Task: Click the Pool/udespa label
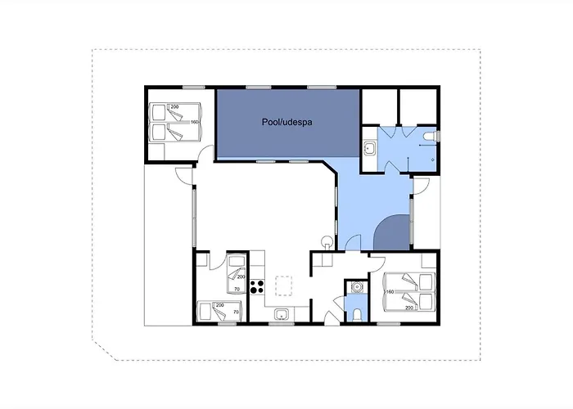pos(286,122)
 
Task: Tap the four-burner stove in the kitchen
pos(257,286)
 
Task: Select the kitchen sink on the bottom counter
pos(282,314)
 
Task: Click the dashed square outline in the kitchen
pos(283,286)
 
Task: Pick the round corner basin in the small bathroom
pos(356,287)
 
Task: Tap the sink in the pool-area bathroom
pos(370,149)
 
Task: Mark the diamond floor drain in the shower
pos(433,160)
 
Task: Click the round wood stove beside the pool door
pos(327,242)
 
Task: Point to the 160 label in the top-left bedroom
pos(194,122)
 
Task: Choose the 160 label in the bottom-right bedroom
pos(390,292)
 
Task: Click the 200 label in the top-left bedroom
pos(174,106)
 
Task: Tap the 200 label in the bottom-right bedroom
pos(409,308)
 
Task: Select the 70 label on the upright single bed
pos(237,290)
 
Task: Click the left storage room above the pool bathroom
pos(379,106)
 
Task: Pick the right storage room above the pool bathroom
pos(418,106)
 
